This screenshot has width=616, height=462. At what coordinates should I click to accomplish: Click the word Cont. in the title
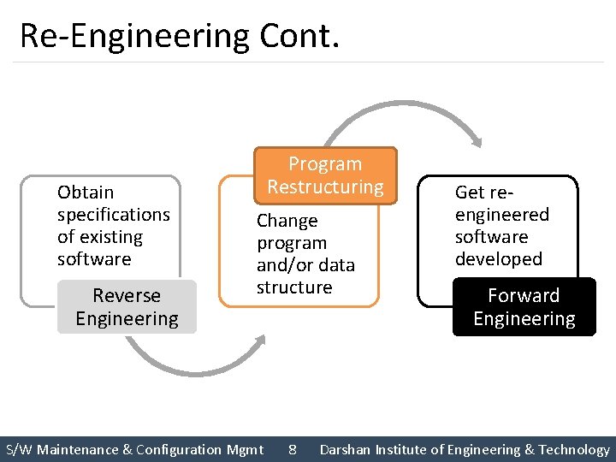(294, 36)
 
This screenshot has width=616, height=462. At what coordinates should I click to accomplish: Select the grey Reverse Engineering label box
(127, 307)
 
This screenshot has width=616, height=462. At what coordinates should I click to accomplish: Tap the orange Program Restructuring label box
(325, 175)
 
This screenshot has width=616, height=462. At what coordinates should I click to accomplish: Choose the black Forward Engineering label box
(524, 307)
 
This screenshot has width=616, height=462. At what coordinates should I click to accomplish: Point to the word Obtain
(86, 192)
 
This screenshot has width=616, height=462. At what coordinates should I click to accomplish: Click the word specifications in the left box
(114, 215)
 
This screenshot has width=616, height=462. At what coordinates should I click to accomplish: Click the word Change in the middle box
(287, 221)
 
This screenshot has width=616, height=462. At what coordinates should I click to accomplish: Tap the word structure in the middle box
(294, 287)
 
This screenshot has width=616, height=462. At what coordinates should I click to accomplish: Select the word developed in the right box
(499, 259)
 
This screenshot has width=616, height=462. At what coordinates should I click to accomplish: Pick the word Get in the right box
(470, 192)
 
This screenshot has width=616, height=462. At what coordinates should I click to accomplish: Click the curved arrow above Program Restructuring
(402, 115)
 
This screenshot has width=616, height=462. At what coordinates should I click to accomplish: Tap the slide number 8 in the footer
(293, 449)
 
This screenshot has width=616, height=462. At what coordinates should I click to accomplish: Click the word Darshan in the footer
(346, 449)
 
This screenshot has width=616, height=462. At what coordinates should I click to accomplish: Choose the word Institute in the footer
(406, 449)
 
